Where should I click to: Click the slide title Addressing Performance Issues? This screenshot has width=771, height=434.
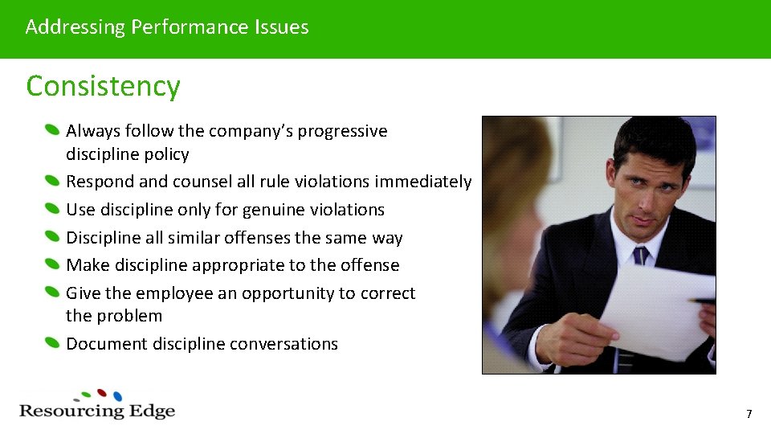pyautogui.click(x=167, y=27)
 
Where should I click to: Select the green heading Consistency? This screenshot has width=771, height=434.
pyautogui.click(x=103, y=86)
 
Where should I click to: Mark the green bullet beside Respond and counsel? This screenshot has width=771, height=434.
pyautogui.click(x=52, y=182)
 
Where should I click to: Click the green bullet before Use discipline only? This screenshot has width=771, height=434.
pyautogui.click(x=52, y=210)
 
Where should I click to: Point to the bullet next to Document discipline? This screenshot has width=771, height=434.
pyautogui.click(x=52, y=344)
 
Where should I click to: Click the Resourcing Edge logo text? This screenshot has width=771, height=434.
pyautogui.click(x=97, y=411)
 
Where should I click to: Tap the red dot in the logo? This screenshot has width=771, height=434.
pyautogui.click(x=102, y=393)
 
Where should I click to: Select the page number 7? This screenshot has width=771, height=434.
pyautogui.click(x=749, y=415)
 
